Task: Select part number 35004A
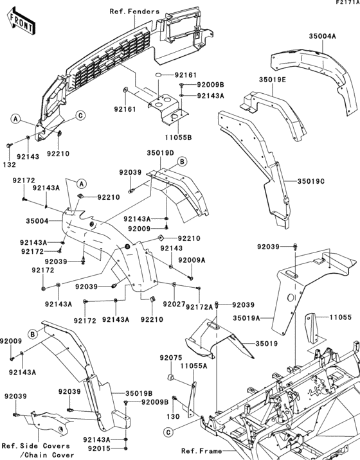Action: coord(322,37)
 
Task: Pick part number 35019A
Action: coord(247,317)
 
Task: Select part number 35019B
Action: coord(141,392)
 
